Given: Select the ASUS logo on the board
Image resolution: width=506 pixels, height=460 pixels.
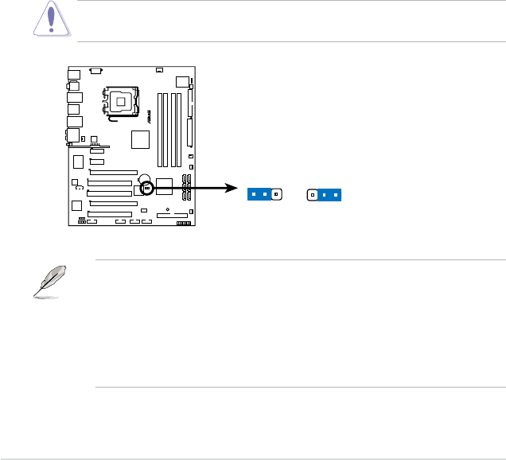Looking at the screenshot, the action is (x=148, y=118).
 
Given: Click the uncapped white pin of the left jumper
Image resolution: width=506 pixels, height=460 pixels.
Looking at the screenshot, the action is (x=276, y=193).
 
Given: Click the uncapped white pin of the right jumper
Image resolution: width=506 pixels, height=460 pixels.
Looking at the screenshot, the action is (x=313, y=193).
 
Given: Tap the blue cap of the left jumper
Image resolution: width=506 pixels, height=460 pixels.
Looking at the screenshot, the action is (x=258, y=193).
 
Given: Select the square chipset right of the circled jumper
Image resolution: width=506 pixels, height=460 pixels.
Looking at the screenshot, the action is (x=165, y=186).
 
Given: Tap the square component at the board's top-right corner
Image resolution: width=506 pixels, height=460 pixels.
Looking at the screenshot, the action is (x=182, y=81).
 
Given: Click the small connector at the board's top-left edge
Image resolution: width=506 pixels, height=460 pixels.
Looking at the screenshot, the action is (x=96, y=70).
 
